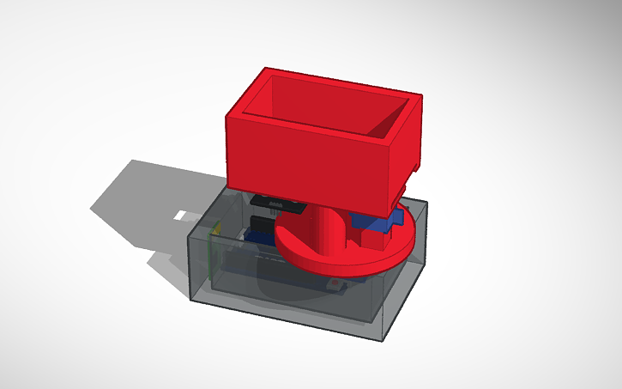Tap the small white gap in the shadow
click(x=182, y=213)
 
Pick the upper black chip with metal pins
click(x=276, y=204)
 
